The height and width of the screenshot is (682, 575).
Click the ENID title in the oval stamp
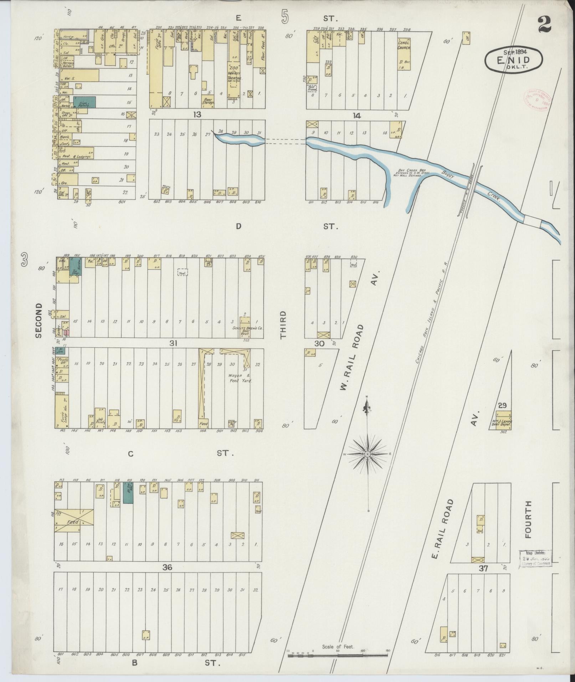point(513,60)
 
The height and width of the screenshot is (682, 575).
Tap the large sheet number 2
point(544,25)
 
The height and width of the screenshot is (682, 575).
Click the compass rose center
point(367,454)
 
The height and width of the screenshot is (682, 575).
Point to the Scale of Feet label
point(338,647)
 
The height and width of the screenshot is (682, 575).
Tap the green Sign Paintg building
point(84,102)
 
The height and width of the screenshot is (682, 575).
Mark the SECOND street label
point(38,321)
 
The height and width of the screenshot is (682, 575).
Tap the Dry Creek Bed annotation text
point(411,173)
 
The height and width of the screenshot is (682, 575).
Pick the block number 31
point(173,343)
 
